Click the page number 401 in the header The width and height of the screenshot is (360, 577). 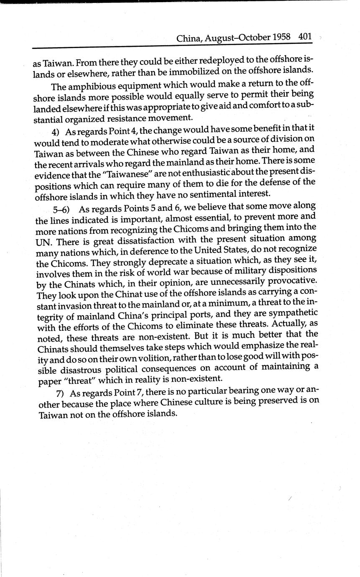tap(305, 37)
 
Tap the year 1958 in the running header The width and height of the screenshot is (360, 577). tap(281, 37)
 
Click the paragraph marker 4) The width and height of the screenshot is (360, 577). tap(58, 132)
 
